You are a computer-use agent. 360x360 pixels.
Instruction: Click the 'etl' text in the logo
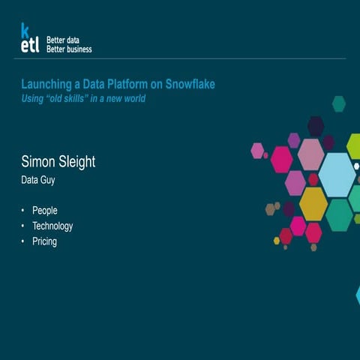pyautogui.click(x=30, y=46)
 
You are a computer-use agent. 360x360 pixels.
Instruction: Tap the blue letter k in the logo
pyautogui.click(x=25, y=30)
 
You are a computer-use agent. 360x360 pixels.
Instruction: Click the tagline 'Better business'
pyautogui.click(x=69, y=49)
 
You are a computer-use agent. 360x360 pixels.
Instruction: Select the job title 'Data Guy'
pyautogui.click(x=37, y=180)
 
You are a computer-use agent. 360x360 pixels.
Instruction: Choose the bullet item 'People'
pyautogui.click(x=45, y=211)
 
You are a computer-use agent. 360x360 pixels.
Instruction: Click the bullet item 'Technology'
pyautogui.click(x=52, y=226)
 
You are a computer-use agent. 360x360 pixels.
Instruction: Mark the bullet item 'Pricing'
pyautogui.click(x=44, y=241)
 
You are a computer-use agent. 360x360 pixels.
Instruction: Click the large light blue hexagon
pyautogui.click(x=337, y=175)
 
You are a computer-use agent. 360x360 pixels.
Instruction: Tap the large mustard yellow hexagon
pyautogui.click(x=313, y=203)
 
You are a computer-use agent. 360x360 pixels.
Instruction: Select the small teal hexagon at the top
pyautogui.click(x=339, y=103)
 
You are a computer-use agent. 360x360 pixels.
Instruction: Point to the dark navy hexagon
pyautogui.click(x=316, y=125)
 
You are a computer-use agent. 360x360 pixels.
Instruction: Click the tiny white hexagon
pyautogui.click(x=356, y=166)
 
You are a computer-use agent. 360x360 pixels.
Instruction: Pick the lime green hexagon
pyautogui.click(x=354, y=145)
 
